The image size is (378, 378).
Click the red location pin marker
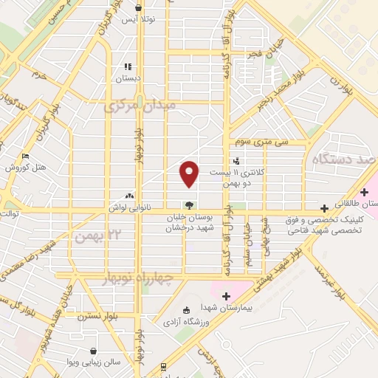(190, 173)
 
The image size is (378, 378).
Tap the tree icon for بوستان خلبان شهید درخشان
(190, 206)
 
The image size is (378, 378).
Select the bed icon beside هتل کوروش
(26, 157)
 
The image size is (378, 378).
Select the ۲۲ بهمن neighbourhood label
(97, 235)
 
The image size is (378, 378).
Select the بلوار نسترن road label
(112, 315)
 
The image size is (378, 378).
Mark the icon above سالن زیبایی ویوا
(93, 351)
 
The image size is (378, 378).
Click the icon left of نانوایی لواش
(130, 196)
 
